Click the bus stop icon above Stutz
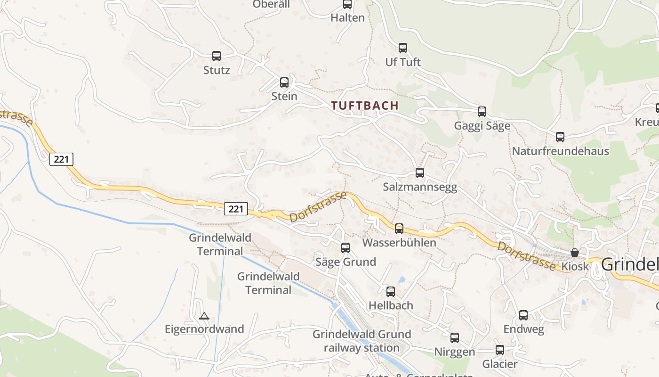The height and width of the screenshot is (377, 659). click(217, 56)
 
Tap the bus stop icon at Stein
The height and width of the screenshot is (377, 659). click(284, 82)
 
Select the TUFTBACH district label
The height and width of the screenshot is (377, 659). click(365, 106)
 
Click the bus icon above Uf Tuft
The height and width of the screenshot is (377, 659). click(403, 48)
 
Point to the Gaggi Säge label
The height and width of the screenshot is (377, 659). click(482, 126)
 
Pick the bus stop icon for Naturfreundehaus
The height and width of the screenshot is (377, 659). click(560, 137)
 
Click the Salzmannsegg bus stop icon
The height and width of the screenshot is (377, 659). click(420, 173)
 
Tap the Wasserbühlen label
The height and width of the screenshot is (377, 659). click(399, 243)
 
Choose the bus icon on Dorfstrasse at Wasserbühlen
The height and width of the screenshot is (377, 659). click(399, 229)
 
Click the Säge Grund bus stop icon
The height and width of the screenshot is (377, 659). click(346, 248)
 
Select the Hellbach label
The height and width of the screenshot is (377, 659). click(391, 305)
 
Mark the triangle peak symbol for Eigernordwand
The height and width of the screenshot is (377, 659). click(204, 316)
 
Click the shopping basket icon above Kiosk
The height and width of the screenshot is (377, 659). click(575, 253)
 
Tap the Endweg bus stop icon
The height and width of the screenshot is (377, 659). click(523, 315)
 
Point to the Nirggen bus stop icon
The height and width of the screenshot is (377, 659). click(455, 338)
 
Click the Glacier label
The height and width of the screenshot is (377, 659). click(500, 364)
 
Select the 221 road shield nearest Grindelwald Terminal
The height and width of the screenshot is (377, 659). click(236, 208)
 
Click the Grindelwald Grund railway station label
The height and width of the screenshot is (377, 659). click(362, 341)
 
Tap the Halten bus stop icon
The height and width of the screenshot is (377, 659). click(347, 4)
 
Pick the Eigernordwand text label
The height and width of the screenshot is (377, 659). click(204, 329)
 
